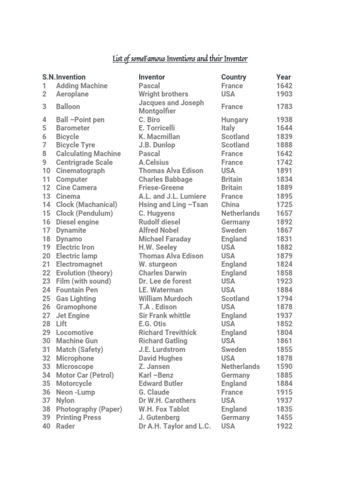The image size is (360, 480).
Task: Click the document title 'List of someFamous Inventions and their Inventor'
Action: pyautogui.click(x=180, y=59)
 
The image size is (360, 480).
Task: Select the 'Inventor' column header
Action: pyautogui.click(x=151, y=77)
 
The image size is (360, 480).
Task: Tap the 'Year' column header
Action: pyautogui.click(x=284, y=77)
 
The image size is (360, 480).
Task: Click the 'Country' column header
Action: pyautogui.click(x=233, y=77)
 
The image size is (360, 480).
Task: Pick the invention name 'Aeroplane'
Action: pyautogui.click(x=72, y=94)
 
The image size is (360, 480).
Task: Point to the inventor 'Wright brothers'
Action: pyautogui.click(x=163, y=94)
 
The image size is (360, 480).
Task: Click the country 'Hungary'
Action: pyautogui.click(x=235, y=120)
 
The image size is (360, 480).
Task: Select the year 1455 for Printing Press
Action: pyautogui.click(x=284, y=418)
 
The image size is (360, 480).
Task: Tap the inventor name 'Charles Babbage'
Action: pyautogui.click(x=165, y=179)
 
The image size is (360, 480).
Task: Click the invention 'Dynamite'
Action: pyautogui.click(x=71, y=230)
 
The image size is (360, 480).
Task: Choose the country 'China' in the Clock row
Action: pyautogui.click(x=230, y=205)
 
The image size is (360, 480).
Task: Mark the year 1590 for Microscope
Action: pyautogui.click(x=284, y=367)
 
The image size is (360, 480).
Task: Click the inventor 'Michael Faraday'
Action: pyautogui.click(x=165, y=239)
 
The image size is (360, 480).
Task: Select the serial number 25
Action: pyautogui.click(x=46, y=299)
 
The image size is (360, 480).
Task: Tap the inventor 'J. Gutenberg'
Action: pyautogui.click(x=159, y=418)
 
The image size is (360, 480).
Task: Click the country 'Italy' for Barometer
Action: pyautogui.click(x=228, y=128)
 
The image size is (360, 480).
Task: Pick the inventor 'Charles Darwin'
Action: pyautogui.click(x=162, y=273)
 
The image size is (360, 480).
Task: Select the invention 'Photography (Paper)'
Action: pyautogui.click(x=89, y=409)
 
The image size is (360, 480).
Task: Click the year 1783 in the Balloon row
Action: pyautogui.click(x=284, y=107)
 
